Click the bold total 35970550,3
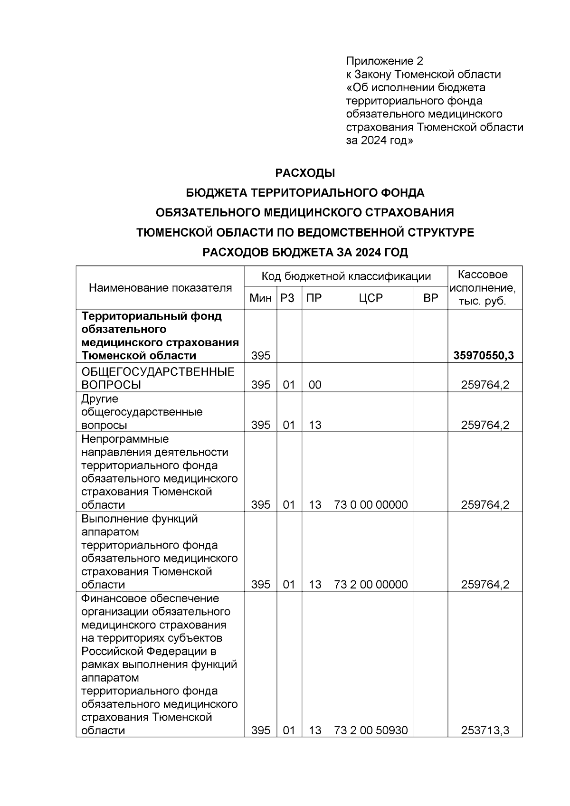(x=484, y=356)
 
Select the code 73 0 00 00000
(x=370, y=505)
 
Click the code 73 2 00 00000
(x=370, y=585)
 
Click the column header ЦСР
(x=370, y=298)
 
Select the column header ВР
(x=430, y=298)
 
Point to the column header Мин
(x=260, y=298)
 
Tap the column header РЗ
(x=288, y=298)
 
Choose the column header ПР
(x=314, y=298)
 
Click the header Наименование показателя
(x=160, y=288)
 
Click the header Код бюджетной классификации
(x=346, y=276)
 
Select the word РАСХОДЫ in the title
(x=305, y=173)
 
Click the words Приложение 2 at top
(x=384, y=61)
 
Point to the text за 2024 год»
(x=380, y=141)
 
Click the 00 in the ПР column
(x=314, y=385)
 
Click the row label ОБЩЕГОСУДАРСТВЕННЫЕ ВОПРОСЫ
(x=158, y=378)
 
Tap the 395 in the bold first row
(x=260, y=356)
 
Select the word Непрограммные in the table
(x=125, y=439)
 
